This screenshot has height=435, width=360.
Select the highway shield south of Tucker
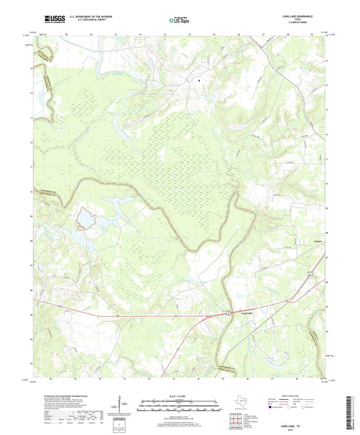click(x=309, y=273)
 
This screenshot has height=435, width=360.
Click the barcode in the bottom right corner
click(x=353, y=412)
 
